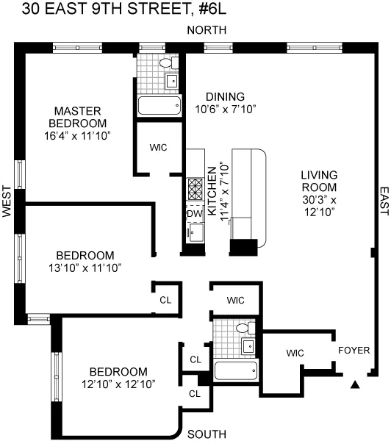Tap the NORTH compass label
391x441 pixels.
tap(207, 29)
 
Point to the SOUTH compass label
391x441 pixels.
tap(207, 433)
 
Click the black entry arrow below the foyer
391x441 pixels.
tap(356, 384)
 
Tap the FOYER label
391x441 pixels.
tap(354, 350)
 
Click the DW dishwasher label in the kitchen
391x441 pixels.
tap(194, 213)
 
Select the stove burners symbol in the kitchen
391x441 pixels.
tap(195, 190)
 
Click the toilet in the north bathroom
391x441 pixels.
tap(166, 62)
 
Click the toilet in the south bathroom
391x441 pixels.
tap(250, 328)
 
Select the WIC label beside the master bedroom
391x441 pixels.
tap(158, 148)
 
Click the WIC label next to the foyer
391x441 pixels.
tap(295, 354)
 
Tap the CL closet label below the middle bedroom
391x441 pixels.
tap(167, 300)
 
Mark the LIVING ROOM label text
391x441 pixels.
tap(318, 181)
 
